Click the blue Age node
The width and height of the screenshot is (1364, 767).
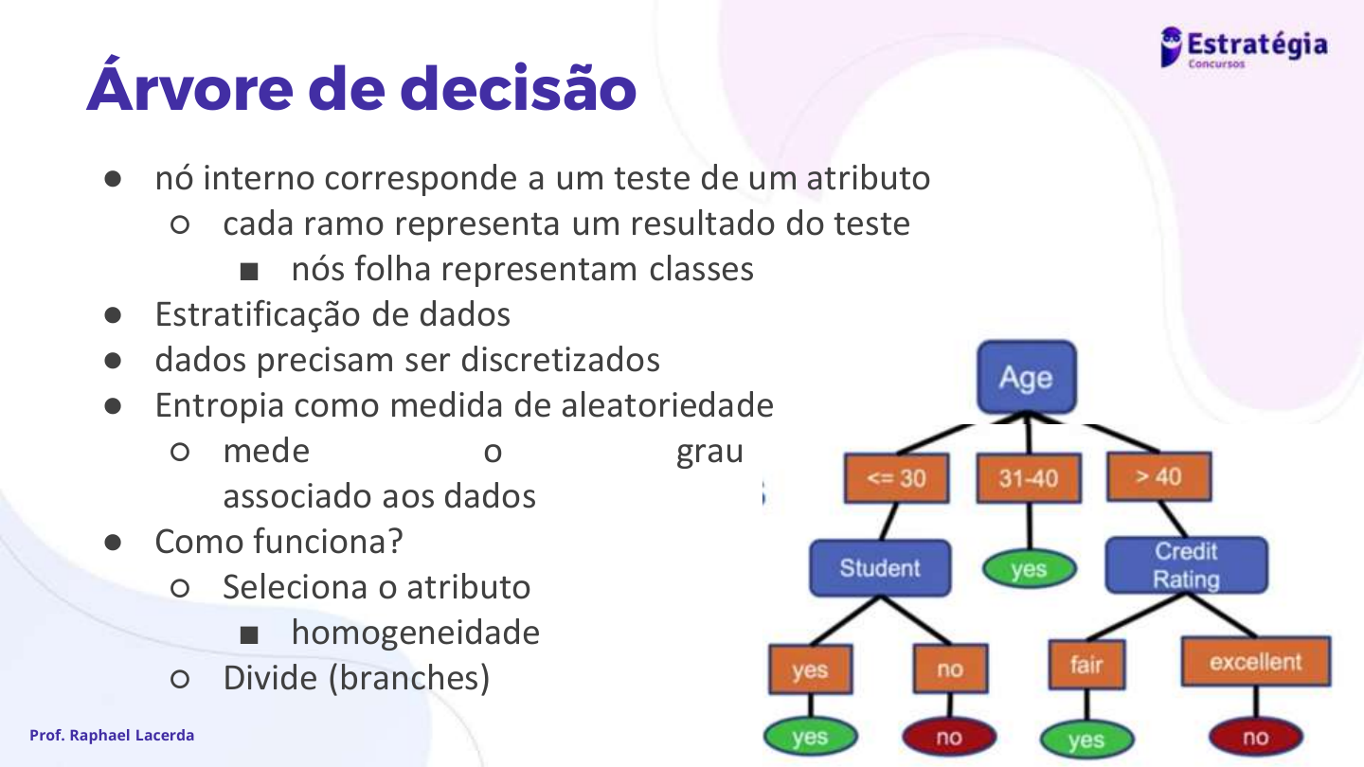coord(1027,378)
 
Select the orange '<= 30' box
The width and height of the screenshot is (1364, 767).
coord(896,478)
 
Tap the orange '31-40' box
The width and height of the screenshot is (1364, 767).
coord(1029,478)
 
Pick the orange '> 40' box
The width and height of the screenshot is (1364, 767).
coord(1159,476)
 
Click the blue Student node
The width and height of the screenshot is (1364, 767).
coord(880,568)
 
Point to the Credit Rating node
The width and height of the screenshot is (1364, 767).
coord(1187,565)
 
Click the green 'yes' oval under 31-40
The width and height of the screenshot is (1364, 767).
coord(1029,569)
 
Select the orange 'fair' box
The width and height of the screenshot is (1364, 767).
coord(1087,664)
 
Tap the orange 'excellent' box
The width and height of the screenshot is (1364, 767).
coord(1256,662)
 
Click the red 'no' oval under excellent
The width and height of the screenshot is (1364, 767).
coord(1256,737)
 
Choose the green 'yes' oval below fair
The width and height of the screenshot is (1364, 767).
coord(1087,740)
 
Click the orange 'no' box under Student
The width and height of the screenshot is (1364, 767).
coord(951,669)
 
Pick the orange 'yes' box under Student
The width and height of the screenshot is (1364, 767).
coord(811,669)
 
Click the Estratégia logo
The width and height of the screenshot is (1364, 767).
coord(1244,47)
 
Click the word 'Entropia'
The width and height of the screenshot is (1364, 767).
coord(220,406)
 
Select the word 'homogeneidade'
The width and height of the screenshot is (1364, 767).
coord(416,633)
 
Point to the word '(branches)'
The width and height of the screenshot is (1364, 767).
coord(409,678)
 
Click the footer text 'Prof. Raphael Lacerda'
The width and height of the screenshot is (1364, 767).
coord(112,736)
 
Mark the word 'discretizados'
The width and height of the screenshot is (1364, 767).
coord(560,360)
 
